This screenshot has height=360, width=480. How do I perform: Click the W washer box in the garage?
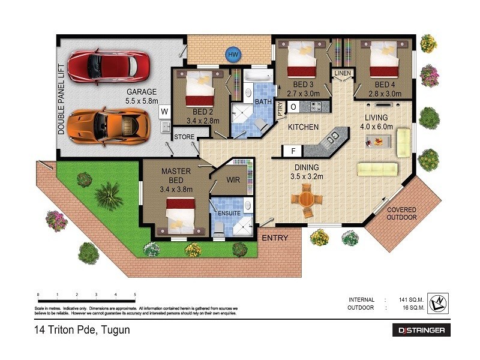tap(164, 111)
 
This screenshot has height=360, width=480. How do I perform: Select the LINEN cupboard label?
tap(343, 73)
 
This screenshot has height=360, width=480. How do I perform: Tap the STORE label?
tap(184, 137)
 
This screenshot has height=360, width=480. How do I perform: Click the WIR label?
tap(233, 179)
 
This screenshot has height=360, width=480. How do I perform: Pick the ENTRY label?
tap(275, 238)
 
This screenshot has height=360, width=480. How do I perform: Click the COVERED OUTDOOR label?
tap(401, 214)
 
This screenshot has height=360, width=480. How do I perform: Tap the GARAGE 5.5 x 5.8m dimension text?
tap(142, 97)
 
